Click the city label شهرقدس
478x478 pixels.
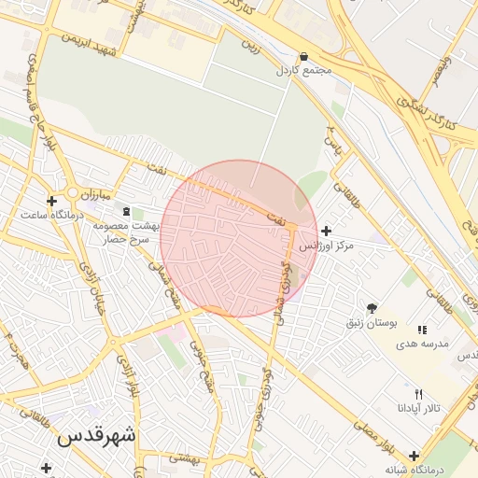pos(96,435)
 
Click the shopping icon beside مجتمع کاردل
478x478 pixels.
pos(304,56)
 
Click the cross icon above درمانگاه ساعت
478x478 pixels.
pos(51,201)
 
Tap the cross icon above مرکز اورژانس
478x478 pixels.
pos(325,231)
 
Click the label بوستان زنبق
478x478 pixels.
pos(373,322)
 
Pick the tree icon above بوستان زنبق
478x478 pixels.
pos(373,308)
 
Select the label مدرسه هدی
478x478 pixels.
pos(422,344)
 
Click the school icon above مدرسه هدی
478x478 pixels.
pos(422,330)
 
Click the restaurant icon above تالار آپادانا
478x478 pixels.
pos(419,394)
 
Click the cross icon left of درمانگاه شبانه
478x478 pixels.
pos(387,457)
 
